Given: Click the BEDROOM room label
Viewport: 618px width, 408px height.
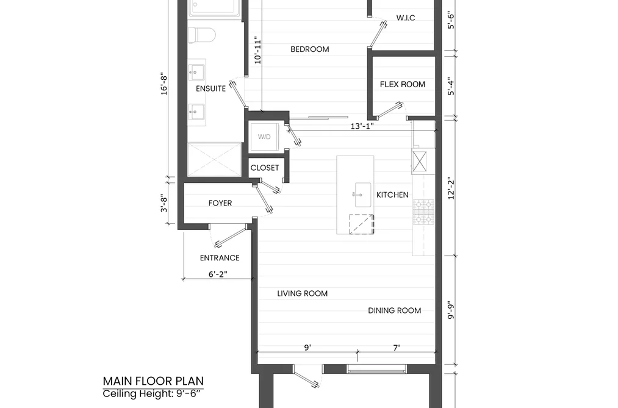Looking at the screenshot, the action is [310, 49].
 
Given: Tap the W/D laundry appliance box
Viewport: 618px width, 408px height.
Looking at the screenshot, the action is [264, 137].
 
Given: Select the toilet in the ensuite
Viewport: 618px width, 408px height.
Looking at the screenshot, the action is [201, 35].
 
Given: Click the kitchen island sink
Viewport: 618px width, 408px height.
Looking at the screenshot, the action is [362, 195].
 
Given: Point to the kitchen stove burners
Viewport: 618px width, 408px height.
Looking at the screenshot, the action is [423, 212].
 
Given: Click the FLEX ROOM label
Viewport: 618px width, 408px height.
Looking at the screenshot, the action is [403, 84].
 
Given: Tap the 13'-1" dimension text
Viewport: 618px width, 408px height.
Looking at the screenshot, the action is [362, 126].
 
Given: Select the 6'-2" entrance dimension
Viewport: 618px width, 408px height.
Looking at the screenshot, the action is [218, 274].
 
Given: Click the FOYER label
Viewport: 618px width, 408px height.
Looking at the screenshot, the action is [220, 203].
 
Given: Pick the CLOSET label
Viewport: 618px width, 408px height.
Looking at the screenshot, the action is [265, 168].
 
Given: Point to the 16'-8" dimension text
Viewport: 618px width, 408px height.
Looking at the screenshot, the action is [164, 83].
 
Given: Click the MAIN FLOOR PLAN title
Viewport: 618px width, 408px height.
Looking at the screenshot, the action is [153, 381].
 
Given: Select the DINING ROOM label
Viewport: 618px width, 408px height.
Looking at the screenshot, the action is [395, 310].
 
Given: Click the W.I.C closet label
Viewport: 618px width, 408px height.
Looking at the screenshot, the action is [406, 18].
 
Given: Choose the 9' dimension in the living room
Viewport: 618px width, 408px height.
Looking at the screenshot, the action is [307, 348].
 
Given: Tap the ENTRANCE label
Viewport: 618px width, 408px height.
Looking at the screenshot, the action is [220, 258].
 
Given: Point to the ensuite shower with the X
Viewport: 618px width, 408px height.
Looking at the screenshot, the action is [214, 160].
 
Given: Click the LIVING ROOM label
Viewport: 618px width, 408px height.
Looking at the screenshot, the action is [303, 293].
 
